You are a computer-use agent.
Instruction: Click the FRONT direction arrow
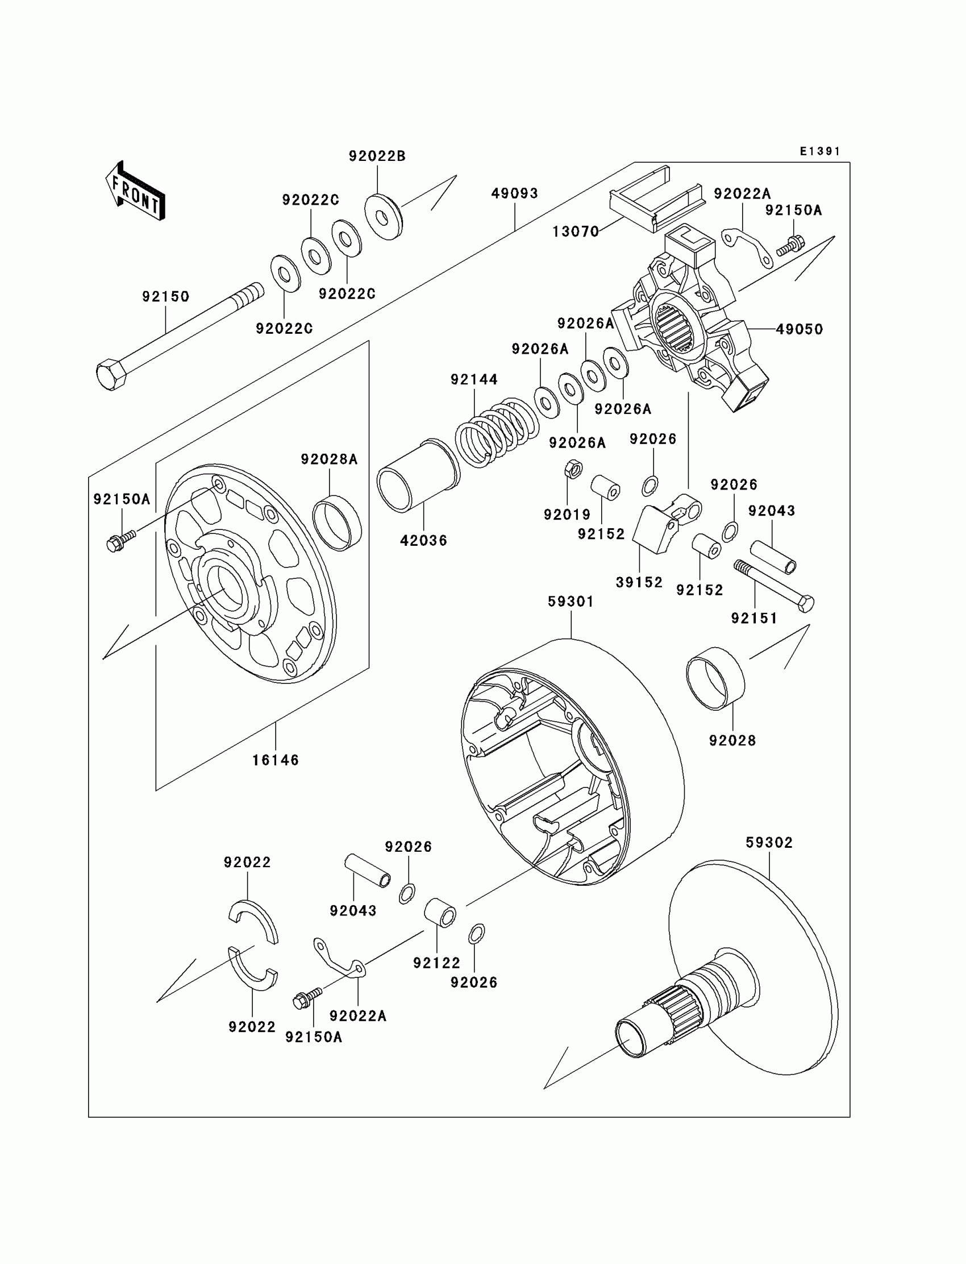pos(136,191)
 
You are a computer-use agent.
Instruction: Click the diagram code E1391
pos(820,151)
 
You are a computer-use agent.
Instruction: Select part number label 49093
pos(515,193)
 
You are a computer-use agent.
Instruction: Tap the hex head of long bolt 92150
pos(111,375)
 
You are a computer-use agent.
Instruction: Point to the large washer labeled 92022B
pos(384,217)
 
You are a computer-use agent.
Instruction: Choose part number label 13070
pos(576,231)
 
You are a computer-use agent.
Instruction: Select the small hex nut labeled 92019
pos(573,469)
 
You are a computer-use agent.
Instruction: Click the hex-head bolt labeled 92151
pos(774,586)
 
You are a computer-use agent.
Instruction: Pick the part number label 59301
pos(571,601)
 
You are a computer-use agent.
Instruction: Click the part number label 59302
pos(769,843)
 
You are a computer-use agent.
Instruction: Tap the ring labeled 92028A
pos(337,523)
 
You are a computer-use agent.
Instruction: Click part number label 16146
pos(276,760)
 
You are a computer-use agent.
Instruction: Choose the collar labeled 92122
pos(440,912)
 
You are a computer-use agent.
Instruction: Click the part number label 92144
pos(474,379)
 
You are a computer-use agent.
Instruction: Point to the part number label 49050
pos(800,329)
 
